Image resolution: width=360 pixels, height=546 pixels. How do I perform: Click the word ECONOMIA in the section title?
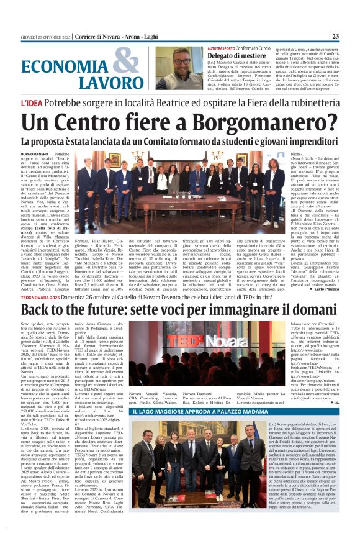tap(59, 68)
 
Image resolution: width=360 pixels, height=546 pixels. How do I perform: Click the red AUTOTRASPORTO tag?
tap(225, 48)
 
